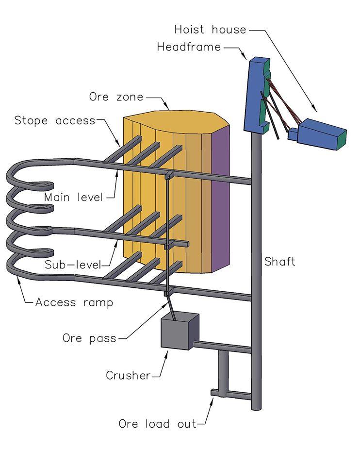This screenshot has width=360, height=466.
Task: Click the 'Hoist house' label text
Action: point(210,30)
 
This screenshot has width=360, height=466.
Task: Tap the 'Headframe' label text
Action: point(189,47)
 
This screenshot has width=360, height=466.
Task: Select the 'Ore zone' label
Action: point(116,97)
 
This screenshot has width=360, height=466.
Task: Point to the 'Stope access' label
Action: point(55,120)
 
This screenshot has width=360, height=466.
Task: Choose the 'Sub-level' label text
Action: point(73,265)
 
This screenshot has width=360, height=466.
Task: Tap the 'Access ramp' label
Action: point(74,302)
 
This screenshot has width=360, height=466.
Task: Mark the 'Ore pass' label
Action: point(89,338)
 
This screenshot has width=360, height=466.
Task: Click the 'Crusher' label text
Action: point(128,375)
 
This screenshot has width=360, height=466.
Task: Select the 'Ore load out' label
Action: point(157,424)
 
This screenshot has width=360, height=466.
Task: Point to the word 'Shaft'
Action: point(279,262)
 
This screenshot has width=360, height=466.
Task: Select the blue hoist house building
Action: point(318,133)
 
